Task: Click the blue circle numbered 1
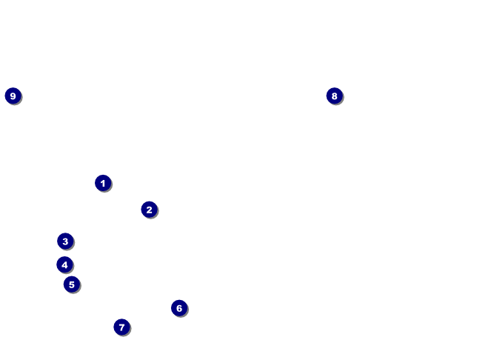click(103, 183)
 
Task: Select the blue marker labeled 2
click(149, 210)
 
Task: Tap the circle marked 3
click(65, 241)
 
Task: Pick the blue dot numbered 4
click(64, 264)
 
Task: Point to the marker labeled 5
click(71, 284)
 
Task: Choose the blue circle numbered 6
click(179, 308)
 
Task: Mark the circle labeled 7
click(122, 327)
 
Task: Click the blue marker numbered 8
click(334, 96)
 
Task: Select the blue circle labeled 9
click(13, 96)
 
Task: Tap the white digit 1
click(103, 183)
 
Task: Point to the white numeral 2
click(149, 210)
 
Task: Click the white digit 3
click(65, 241)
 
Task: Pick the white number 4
click(64, 264)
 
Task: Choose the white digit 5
click(71, 284)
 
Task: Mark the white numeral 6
click(179, 308)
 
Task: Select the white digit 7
click(122, 327)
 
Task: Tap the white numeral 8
click(334, 96)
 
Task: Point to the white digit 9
click(13, 96)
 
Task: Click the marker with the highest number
click(13, 96)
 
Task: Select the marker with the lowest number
click(103, 183)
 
